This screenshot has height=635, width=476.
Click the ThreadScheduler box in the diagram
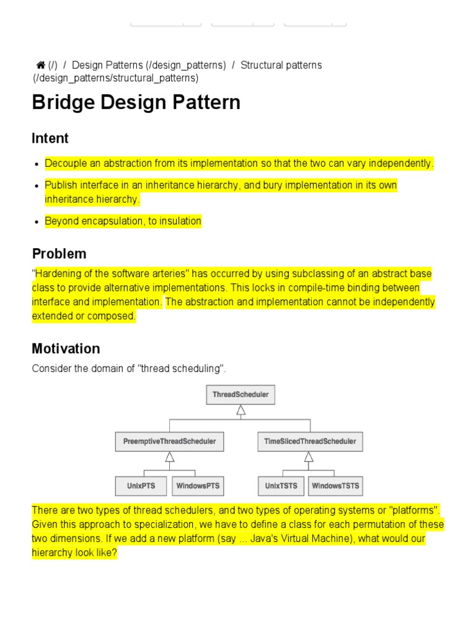pyautogui.click(x=240, y=394)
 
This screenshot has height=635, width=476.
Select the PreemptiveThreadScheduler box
pyautogui.click(x=169, y=442)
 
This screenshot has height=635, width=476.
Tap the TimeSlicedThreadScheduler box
pyautogui.click(x=310, y=442)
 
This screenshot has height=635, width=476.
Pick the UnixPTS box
pyautogui.click(x=141, y=486)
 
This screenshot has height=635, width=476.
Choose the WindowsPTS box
pyautogui.click(x=198, y=486)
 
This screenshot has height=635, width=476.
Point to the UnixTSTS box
pyautogui.click(x=281, y=486)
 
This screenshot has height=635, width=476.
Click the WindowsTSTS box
pyautogui.click(x=335, y=486)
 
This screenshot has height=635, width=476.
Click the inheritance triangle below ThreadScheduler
pyautogui.click(x=240, y=410)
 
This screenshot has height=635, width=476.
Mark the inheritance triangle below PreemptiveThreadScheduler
pyautogui.click(x=169, y=457)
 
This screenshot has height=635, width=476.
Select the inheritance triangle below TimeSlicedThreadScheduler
pyautogui.click(x=309, y=457)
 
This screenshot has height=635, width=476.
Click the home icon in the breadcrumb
pyautogui.click(x=41, y=65)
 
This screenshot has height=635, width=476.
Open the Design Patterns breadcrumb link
pyautogui.click(x=149, y=65)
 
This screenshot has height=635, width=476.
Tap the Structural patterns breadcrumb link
pyautogui.click(x=281, y=65)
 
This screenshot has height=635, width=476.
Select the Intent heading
pyautogui.click(x=50, y=138)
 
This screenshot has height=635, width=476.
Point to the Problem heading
pyautogui.click(x=59, y=254)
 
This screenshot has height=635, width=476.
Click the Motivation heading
pyautogui.click(x=66, y=349)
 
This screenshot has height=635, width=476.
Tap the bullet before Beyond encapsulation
pyautogui.click(x=38, y=222)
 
